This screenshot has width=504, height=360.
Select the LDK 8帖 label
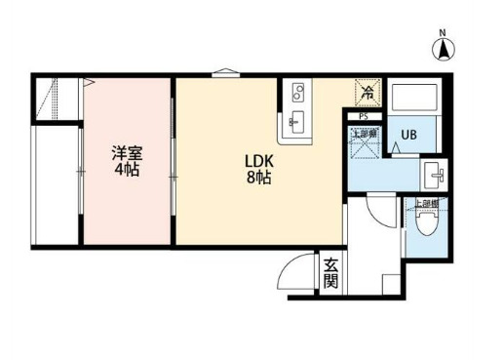pos(258,169)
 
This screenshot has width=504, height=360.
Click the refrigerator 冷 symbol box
pos(368,94)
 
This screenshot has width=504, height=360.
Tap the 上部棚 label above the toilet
pos(425,204)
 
